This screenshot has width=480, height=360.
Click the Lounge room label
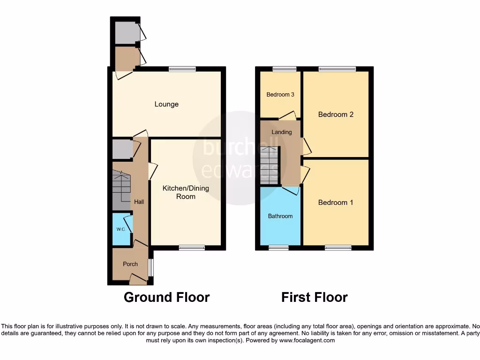pos(166,104)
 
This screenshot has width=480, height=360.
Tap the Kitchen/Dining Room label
pos(186,192)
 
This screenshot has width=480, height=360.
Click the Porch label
pos(130,264)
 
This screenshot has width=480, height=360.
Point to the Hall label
pos(139,202)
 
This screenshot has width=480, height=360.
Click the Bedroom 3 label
pos(280,95)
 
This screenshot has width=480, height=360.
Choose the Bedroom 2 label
pos(336,114)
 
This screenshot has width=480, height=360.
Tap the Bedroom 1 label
pos(336,202)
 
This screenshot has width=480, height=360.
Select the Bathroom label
pos(280,216)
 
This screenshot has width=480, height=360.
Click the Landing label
pos(282,132)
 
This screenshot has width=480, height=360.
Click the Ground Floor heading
pos(166,297)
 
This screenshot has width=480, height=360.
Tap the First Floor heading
pos(315,297)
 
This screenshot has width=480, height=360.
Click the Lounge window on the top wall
pos(182,69)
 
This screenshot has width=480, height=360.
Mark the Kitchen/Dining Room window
pos(192,247)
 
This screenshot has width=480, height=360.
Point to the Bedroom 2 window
pos(337,69)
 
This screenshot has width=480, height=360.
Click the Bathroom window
pos(278,247)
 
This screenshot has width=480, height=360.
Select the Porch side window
pos(150,268)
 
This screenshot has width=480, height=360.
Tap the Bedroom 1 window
pos(338,247)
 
